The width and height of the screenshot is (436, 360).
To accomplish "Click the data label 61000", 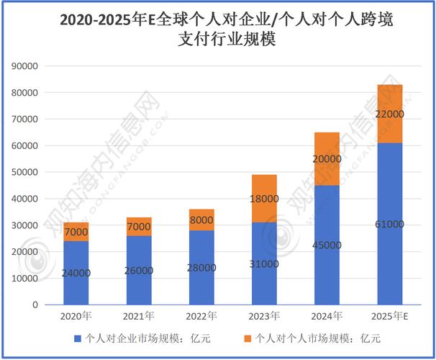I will coord(390,224).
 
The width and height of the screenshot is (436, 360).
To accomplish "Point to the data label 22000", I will coord(390,114).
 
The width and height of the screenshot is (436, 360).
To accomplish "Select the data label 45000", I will coord(327,245).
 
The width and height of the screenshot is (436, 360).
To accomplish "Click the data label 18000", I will coord(264,198).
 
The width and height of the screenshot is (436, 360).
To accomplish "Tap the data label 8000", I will coord(201,220).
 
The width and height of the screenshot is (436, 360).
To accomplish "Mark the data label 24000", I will coord(76,273).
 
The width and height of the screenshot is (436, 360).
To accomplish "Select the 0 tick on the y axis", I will coord(35,305).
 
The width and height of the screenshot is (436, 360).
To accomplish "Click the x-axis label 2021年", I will coord(138,317).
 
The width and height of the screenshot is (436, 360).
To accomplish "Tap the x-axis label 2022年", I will coord(201,317).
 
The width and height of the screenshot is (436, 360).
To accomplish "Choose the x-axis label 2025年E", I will coord(390,317).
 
